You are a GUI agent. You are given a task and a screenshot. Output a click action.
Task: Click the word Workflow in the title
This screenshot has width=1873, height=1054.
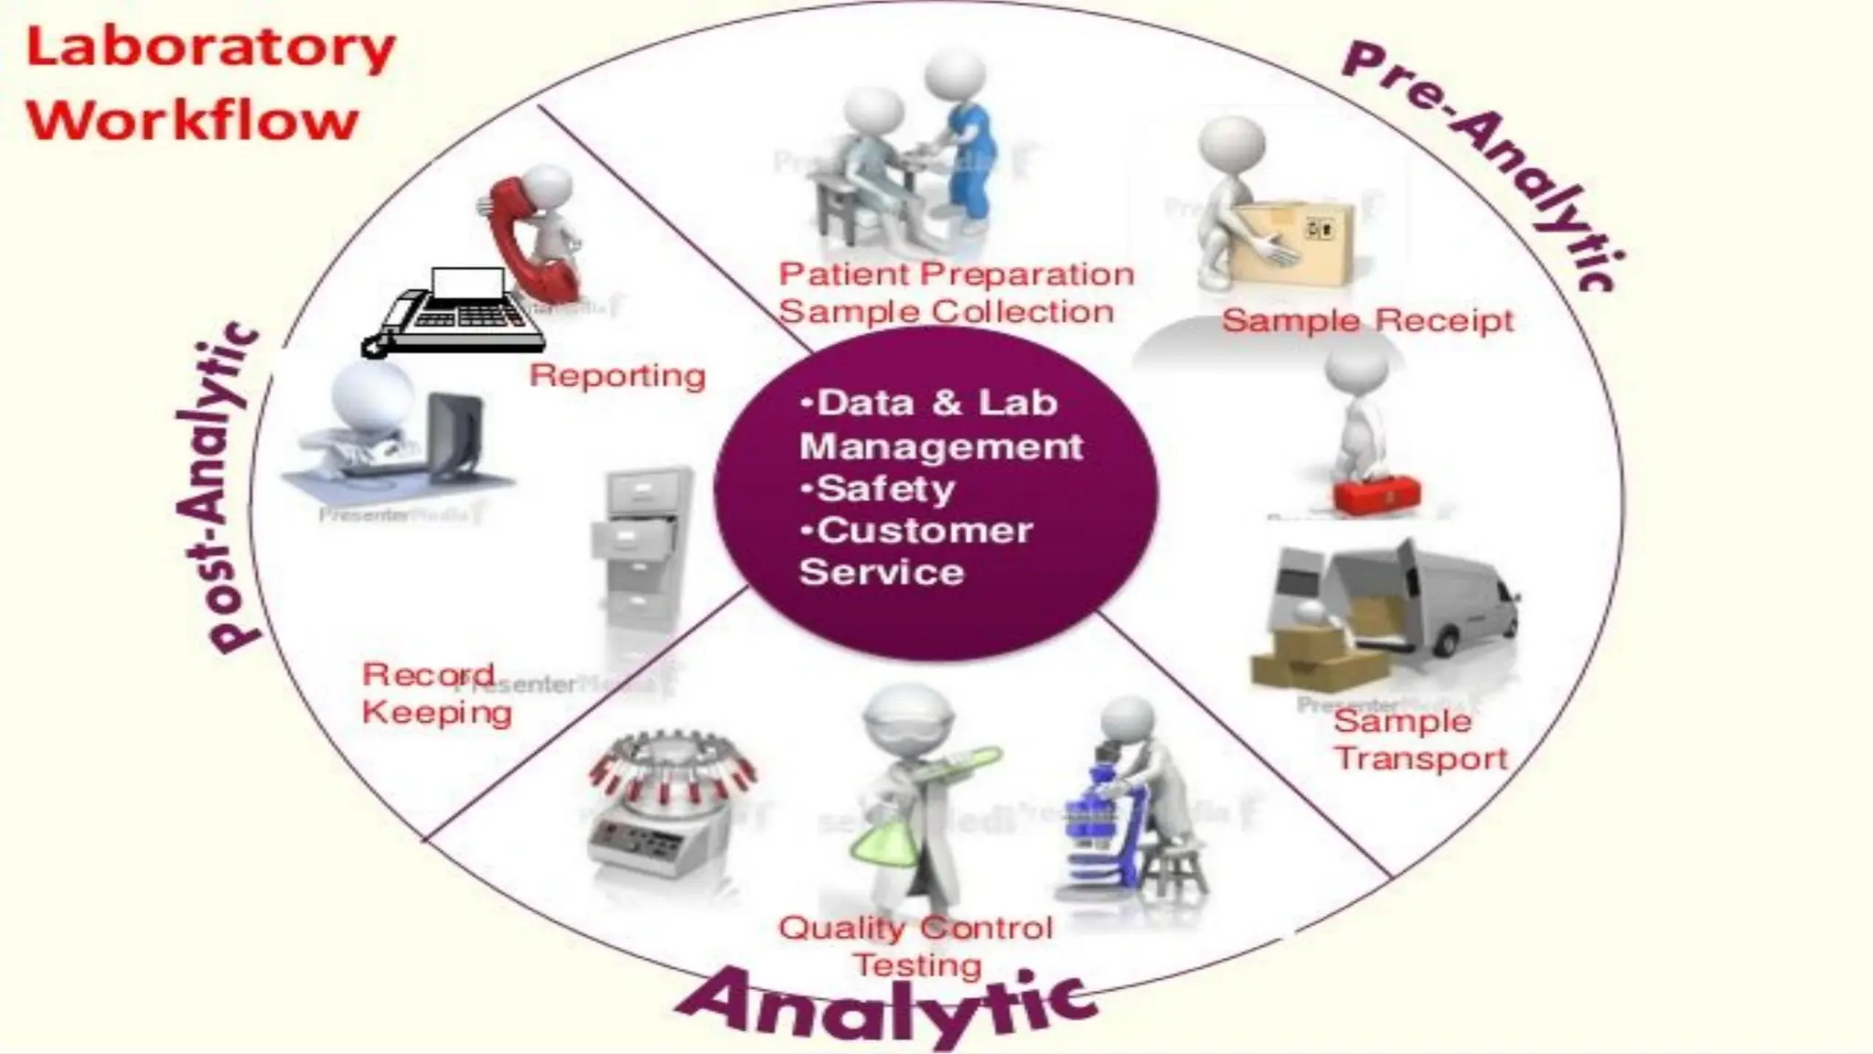pyautogui.click(x=192, y=120)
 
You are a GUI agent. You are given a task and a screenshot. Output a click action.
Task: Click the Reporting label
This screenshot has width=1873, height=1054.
pyautogui.click(x=617, y=375)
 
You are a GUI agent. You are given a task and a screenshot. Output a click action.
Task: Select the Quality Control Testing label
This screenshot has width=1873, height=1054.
pyautogui.click(x=915, y=946)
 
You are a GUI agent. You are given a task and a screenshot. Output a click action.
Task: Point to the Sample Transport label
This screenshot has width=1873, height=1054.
pyautogui.click(x=1418, y=739)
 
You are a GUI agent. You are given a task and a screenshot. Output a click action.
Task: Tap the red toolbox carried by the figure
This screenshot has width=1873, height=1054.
pyautogui.click(x=1376, y=494)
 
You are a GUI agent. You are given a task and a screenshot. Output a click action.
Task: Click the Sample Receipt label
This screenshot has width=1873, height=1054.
pyautogui.click(x=1367, y=320)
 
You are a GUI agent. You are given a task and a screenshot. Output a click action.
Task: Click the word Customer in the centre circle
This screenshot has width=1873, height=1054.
pyautogui.click(x=924, y=531)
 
